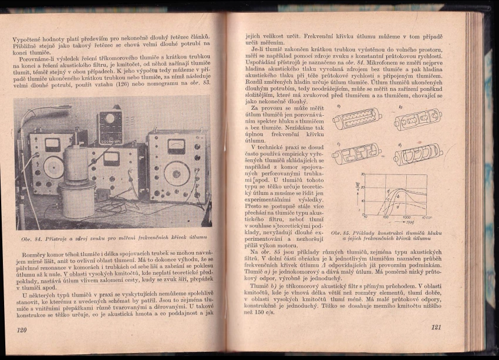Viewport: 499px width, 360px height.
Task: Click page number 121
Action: click(436, 327)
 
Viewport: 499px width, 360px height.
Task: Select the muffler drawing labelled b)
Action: click(417, 119)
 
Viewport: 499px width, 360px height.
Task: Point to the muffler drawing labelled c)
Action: click(356, 154)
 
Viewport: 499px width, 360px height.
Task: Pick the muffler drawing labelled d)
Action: click(418, 154)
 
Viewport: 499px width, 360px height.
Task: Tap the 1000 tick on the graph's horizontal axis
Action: click(406, 217)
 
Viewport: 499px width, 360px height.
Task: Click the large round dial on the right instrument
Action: click(176, 174)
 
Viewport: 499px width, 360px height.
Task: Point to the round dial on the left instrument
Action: click(53, 167)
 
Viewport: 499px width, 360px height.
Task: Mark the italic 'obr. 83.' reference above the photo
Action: click(198, 83)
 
